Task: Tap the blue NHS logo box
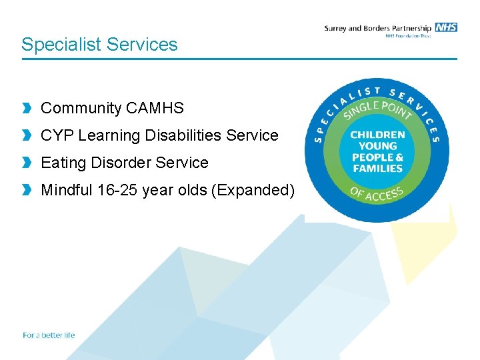point(445,27)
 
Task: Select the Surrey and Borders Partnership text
point(377,28)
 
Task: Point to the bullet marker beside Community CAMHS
point(27,108)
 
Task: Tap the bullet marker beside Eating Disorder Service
point(27,163)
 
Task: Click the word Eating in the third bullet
point(61,163)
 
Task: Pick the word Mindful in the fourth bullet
point(67,190)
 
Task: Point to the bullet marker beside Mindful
point(27,190)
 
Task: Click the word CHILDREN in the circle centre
point(377,135)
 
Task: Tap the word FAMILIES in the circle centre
point(377,169)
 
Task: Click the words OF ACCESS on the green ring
point(377,195)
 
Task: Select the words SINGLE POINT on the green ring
point(377,109)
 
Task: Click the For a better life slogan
point(49,335)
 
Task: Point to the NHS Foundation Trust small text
point(408,36)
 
